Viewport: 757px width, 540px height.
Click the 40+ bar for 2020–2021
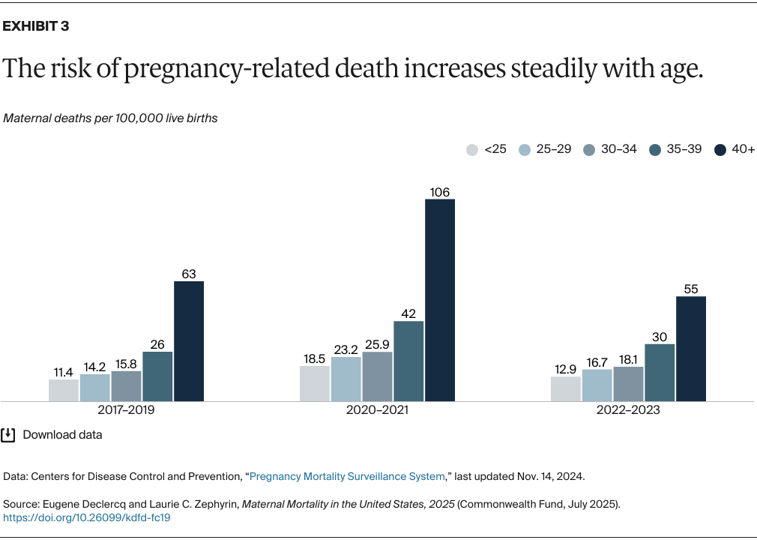click(440, 300)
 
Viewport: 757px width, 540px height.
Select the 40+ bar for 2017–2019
click(189, 341)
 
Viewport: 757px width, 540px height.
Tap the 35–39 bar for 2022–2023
click(660, 373)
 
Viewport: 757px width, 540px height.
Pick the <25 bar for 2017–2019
click(64, 390)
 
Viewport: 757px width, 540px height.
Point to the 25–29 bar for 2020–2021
click(346, 379)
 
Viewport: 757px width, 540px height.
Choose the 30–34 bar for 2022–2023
click(628, 384)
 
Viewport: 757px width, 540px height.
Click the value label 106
click(440, 192)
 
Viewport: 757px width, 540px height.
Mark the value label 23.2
click(346, 349)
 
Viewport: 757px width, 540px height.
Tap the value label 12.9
click(565, 369)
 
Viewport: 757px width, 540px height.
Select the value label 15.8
click(126, 364)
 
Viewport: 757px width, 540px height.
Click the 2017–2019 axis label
click(126, 411)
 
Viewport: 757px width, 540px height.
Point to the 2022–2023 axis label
click(628, 411)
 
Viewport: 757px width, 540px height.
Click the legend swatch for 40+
click(720, 149)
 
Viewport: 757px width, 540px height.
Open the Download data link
click(62, 435)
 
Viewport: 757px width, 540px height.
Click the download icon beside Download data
click(8, 435)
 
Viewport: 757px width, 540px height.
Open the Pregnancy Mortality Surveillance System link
click(348, 476)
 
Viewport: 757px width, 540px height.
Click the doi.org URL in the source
click(87, 517)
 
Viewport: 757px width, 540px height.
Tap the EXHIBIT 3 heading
click(36, 26)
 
